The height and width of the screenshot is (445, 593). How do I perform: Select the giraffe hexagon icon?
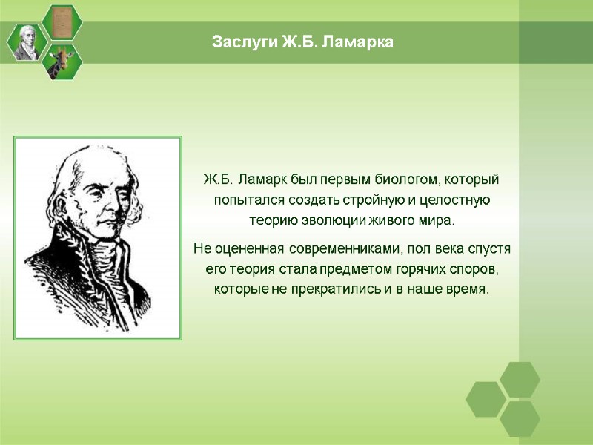[x=62, y=61]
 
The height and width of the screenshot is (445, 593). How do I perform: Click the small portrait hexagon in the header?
[x=27, y=42]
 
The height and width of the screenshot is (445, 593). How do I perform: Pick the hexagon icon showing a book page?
[x=62, y=22]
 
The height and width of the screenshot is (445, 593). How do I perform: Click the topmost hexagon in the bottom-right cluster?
[x=520, y=379]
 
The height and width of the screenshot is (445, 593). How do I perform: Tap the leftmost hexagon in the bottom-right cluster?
[x=486, y=399]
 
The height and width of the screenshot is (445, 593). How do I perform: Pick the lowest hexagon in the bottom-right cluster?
[x=520, y=418]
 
